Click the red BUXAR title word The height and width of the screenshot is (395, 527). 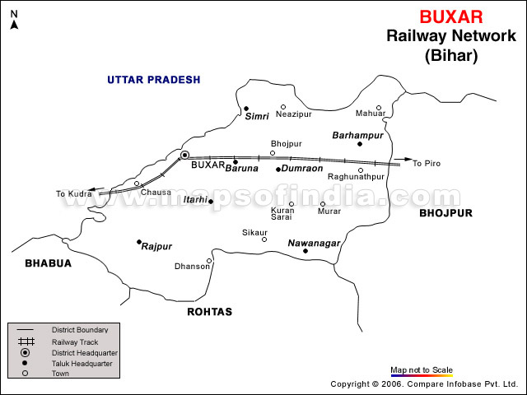(x=451, y=16)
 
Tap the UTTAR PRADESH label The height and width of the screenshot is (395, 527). (x=154, y=80)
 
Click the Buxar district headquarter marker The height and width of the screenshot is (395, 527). (x=184, y=155)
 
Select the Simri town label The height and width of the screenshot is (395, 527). (x=257, y=117)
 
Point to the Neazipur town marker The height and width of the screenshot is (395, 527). (x=282, y=107)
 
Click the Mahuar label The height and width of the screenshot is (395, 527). (x=370, y=114)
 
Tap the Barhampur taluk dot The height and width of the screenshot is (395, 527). (x=360, y=144)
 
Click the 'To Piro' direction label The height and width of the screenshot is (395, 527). (x=427, y=164)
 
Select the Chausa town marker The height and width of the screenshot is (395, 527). (x=138, y=184)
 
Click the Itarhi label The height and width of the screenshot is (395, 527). (x=194, y=201)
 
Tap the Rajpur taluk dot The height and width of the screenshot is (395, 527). (x=139, y=242)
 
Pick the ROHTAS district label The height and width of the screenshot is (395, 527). (x=210, y=312)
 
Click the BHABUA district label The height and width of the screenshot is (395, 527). (x=48, y=263)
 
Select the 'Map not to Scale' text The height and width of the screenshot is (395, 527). (x=422, y=369)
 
